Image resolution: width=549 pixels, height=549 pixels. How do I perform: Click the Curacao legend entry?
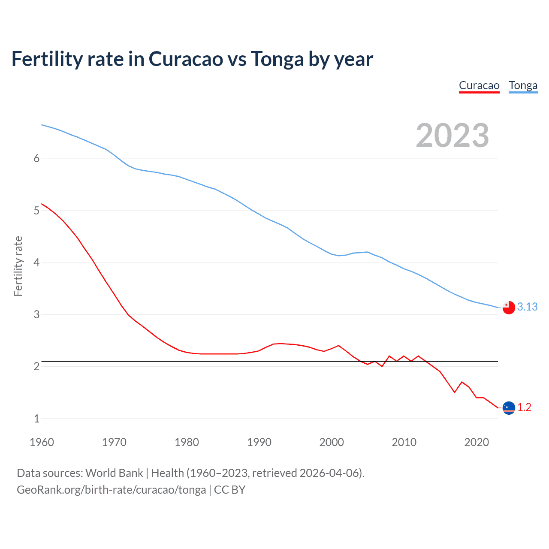(479, 85)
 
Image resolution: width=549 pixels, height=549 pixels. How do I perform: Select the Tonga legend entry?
(523, 85)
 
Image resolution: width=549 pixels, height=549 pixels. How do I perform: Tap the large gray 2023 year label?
(452, 136)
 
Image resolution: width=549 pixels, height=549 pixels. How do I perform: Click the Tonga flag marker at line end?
(509, 308)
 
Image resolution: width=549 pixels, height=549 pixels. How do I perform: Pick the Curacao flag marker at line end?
(509, 407)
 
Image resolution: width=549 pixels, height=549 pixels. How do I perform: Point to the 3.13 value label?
(527, 307)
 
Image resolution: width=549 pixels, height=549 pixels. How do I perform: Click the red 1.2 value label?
(524, 407)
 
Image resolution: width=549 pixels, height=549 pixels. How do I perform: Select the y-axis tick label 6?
(36, 159)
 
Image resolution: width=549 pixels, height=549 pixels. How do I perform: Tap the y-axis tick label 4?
(36, 262)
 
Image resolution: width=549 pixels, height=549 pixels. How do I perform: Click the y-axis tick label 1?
(36, 419)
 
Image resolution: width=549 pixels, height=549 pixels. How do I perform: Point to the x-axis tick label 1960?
(42, 442)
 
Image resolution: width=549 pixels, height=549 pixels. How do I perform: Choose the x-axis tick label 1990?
(259, 442)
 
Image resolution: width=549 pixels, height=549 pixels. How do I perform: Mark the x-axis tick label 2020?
(477, 442)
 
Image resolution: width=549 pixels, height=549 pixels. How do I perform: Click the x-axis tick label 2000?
(332, 442)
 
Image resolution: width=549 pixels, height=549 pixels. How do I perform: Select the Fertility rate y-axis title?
(18, 266)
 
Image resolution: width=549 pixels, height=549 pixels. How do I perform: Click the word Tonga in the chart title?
(277, 59)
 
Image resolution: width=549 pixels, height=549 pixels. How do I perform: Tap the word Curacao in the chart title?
(186, 59)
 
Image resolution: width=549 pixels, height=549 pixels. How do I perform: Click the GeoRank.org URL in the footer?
(111, 490)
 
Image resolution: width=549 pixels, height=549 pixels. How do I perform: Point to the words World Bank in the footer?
(114, 473)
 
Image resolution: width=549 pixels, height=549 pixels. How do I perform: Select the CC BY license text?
(229, 490)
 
